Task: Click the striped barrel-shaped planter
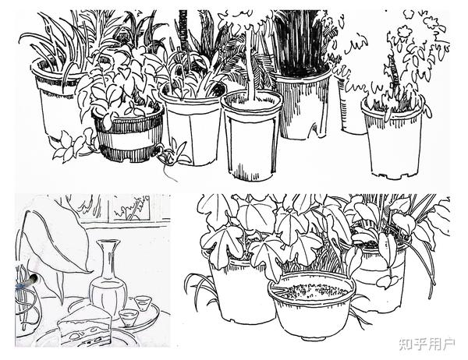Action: (129, 134)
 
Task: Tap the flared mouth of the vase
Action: (108, 242)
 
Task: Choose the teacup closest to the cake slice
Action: (129, 317)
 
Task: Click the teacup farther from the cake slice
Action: (143, 303)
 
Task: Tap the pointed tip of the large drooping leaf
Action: (91, 271)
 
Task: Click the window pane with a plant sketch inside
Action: (130, 207)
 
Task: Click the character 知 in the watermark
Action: (406, 344)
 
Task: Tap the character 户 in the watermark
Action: (448, 344)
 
